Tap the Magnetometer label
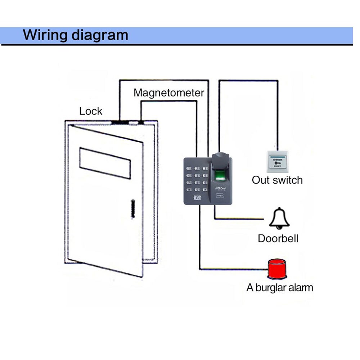click(x=168, y=93)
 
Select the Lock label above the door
click(x=91, y=111)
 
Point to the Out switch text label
click(x=277, y=180)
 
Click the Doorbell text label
click(x=278, y=238)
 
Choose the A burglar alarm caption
click(x=280, y=288)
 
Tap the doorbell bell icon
click(x=279, y=218)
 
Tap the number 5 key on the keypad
click(x=197, y=175)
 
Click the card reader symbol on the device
click(x=218, y=197)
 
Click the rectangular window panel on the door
click(x=105, y=162)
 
